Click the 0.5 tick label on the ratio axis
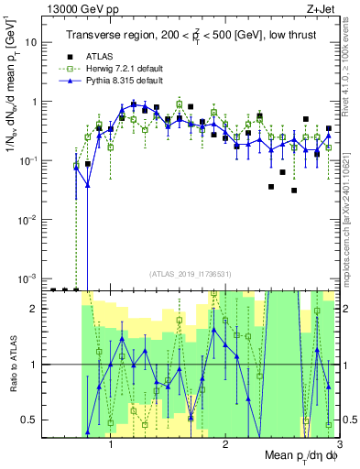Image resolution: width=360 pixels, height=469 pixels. coord(30,420)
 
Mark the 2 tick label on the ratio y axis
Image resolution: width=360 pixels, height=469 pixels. coord(36,309)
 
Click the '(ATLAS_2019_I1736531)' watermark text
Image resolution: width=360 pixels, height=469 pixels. coord(190,273)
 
